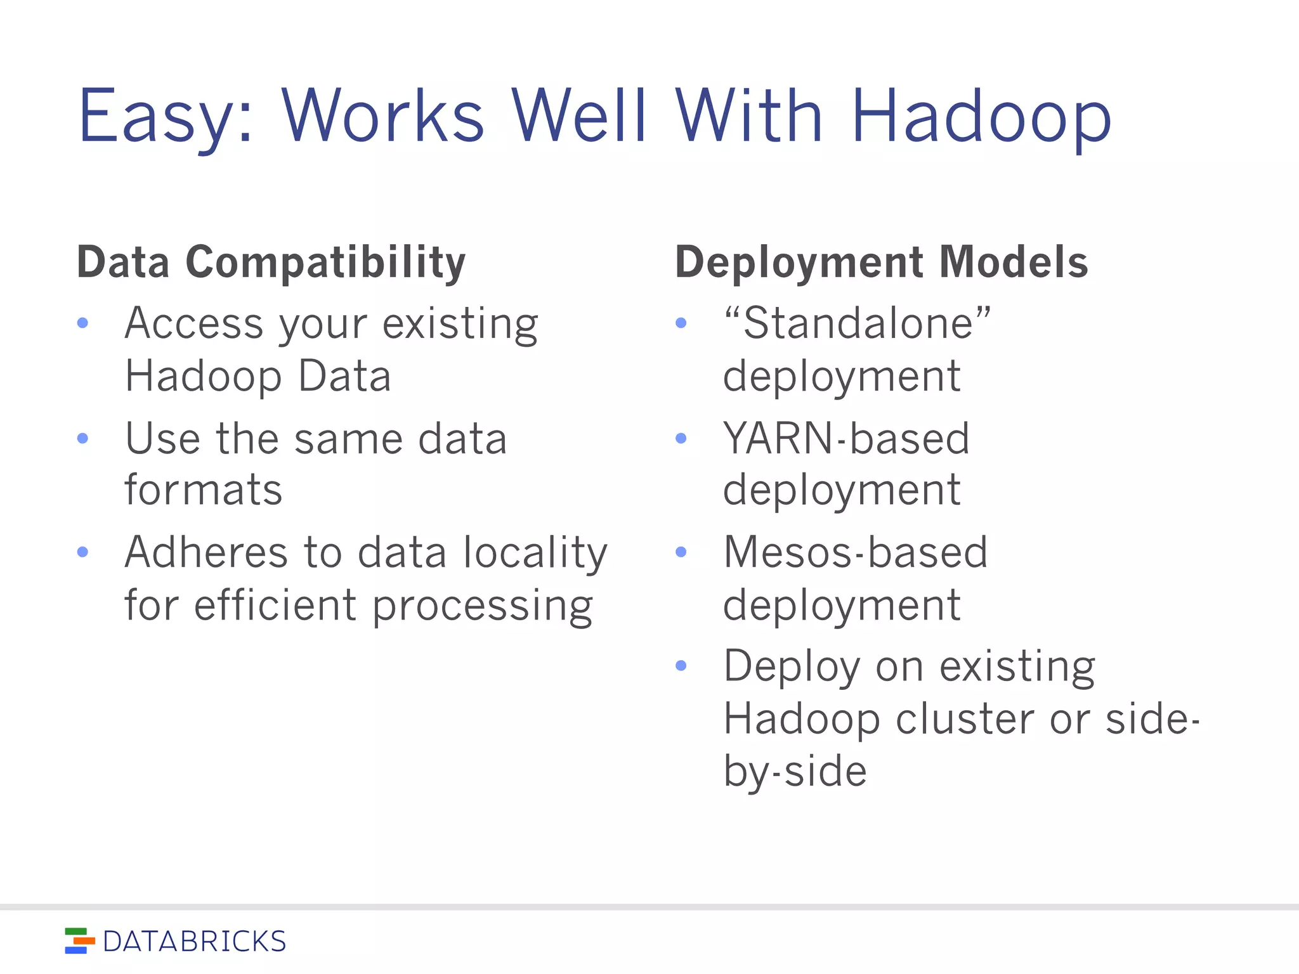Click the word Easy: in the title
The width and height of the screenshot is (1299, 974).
(166, 117)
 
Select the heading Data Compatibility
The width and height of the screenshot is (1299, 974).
(271, 262)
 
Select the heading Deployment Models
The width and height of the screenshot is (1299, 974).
(882, 262)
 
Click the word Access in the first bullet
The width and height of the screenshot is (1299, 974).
(193, 323)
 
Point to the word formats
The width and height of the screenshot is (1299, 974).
(204, 490)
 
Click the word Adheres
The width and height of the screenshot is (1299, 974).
(206, 552)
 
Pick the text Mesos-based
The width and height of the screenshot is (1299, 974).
(856, 552)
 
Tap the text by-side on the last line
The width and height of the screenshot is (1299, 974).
(795, 772)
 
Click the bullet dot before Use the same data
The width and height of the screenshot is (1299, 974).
(82, 438)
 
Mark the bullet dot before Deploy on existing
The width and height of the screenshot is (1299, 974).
(681, 666)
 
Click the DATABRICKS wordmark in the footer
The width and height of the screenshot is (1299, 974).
(194, 942)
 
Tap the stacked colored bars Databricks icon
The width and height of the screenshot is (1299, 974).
(79, 941)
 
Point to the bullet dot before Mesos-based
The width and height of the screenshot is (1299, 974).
(681, 552)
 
